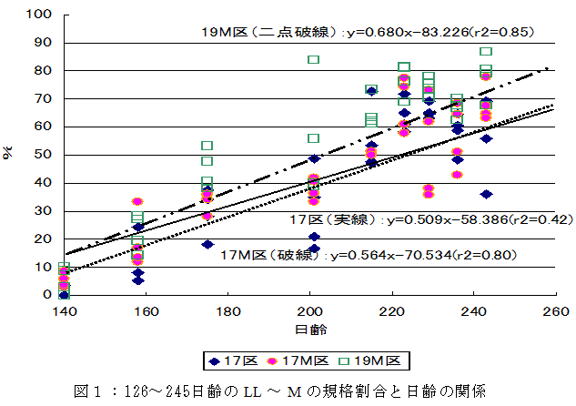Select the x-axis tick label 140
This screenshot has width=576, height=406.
coord(63,310)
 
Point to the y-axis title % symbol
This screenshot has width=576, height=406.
coord(12,155)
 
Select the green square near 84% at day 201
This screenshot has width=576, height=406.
coord(313,59)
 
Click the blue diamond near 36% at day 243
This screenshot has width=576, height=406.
coord(487,194)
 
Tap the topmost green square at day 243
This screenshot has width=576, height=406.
coord(487,52)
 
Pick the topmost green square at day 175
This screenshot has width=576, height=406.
coord(207,146)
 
